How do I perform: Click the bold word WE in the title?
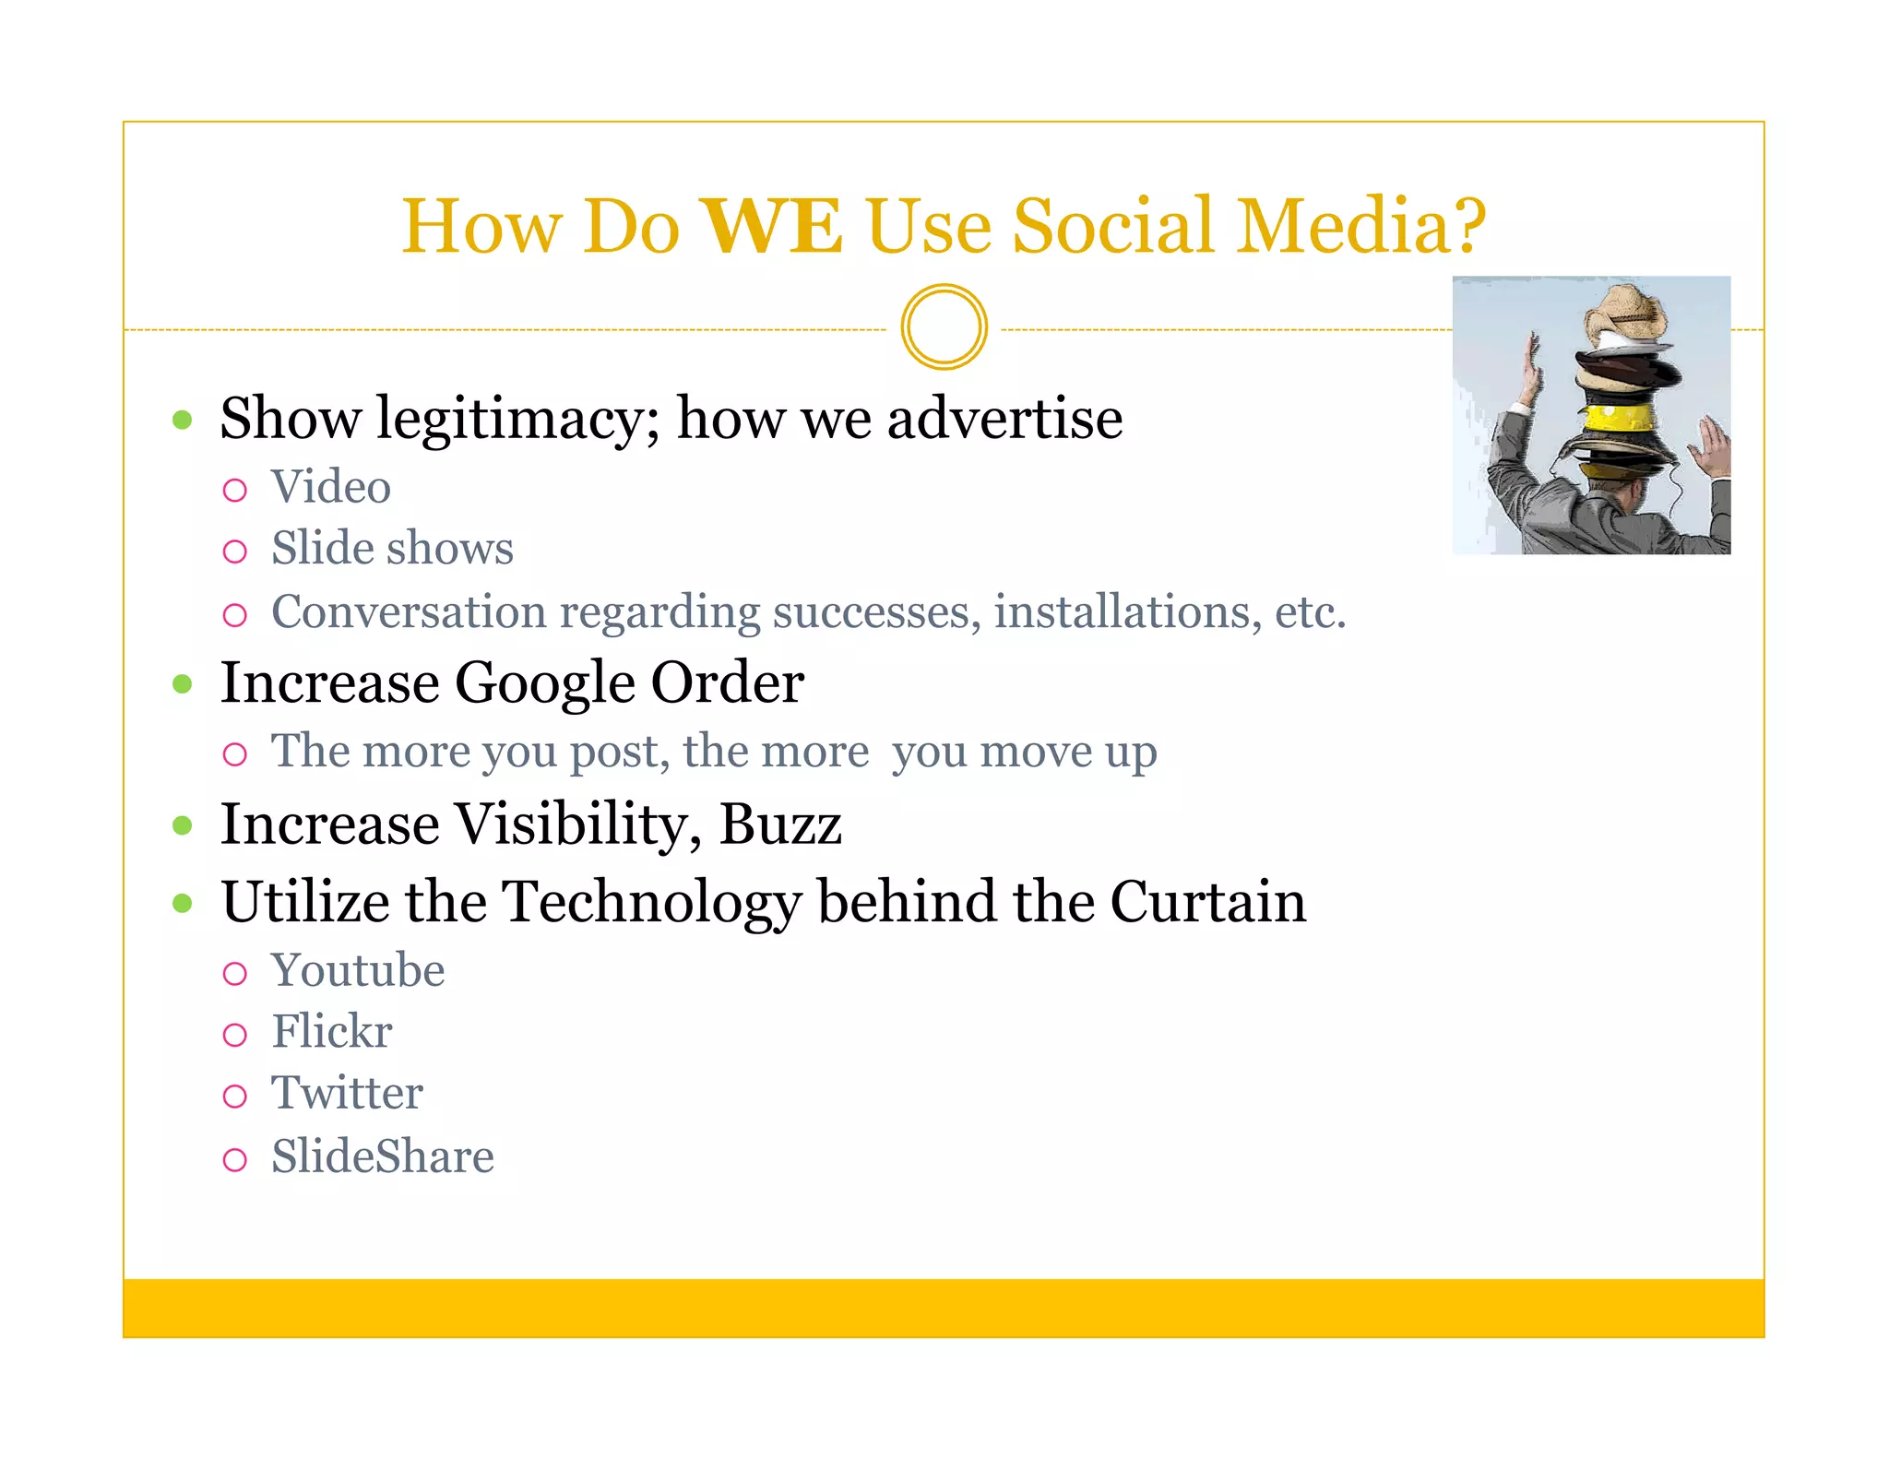772,227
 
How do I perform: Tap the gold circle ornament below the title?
944,327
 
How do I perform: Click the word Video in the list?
330,487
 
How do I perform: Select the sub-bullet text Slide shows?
392,549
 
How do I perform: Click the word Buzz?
780,824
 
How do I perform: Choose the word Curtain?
1208,902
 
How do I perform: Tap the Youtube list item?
358,971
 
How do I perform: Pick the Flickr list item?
332,1032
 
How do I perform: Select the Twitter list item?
347,1094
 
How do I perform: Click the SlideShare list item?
383,1157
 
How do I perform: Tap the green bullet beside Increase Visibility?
183,824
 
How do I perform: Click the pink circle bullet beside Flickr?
235,1035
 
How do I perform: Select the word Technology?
652,902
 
